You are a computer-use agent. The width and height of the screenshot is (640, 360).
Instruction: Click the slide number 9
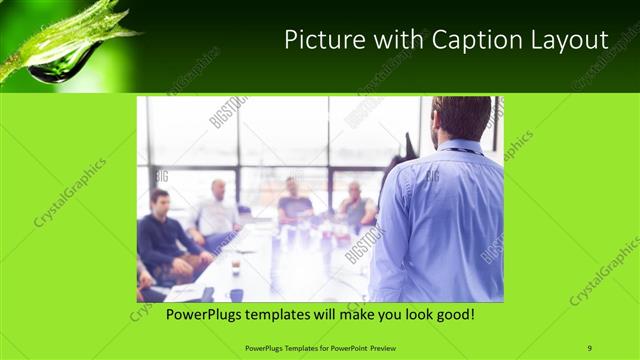590,347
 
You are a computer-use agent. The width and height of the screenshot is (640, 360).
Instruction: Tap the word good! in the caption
451,314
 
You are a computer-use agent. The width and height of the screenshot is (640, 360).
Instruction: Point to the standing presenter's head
462,118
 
